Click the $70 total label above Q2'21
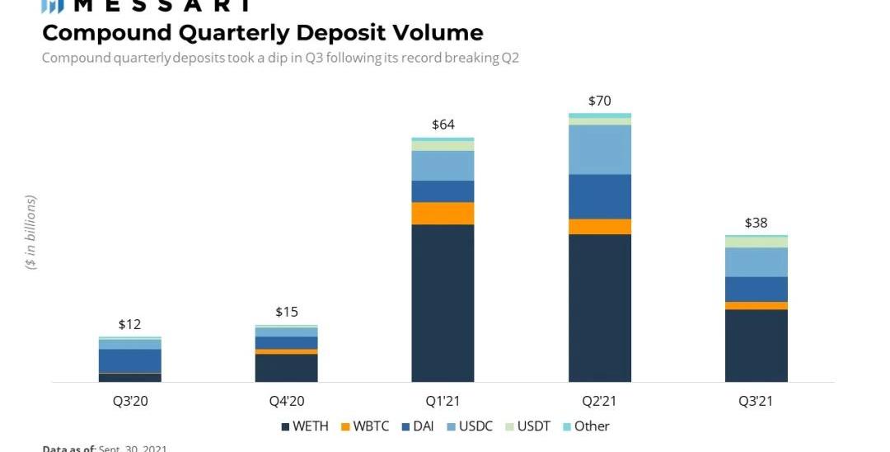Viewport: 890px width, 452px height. (x=599, y=101)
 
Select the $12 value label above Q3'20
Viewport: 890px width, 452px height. (x=129, y=324)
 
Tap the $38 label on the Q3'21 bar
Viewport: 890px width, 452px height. (x=756, y=223)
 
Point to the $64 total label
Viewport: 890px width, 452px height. (x=443, y=125)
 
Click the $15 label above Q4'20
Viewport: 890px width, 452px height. (x=286, y=312)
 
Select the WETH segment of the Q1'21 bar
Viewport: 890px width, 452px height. (x=443, y=303)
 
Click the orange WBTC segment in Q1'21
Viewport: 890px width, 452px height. (x=443, y=213)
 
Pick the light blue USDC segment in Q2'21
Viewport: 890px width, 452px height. (x=599, y=149)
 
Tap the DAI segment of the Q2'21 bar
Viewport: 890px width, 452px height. (x=599, y=196)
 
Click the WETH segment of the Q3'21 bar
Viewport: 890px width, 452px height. (x=756, y=346)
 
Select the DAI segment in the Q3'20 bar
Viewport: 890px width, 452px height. (x=129, y=360)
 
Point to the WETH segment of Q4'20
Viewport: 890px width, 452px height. (x=286, y=368)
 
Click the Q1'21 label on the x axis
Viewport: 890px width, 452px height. (x=443, y=402)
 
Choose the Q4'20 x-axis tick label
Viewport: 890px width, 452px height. (x=286, y=402)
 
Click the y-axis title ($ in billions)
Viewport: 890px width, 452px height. (x=30, y=233)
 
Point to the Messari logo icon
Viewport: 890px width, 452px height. (x=53, y=6)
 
